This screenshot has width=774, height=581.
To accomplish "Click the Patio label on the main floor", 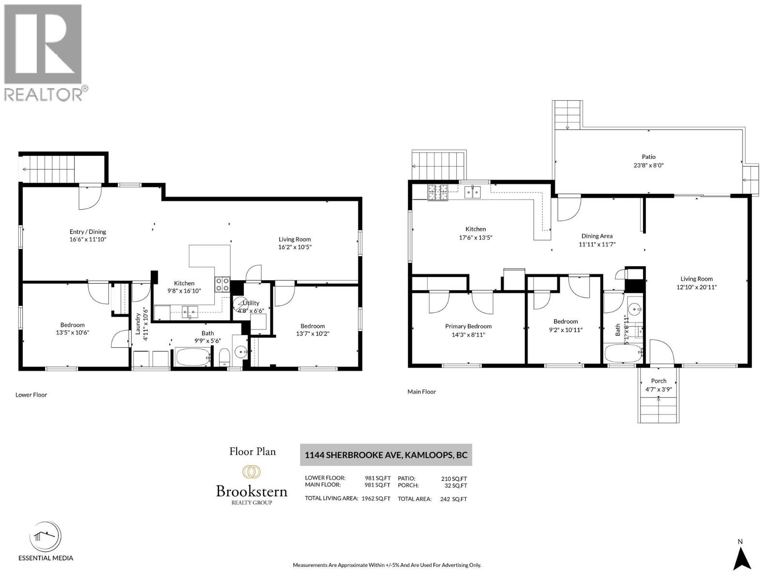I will (649, 157).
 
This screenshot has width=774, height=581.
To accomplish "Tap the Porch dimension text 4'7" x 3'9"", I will (658, 389).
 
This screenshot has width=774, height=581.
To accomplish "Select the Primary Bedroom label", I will (468, 326).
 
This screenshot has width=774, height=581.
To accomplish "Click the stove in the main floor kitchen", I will (437, 192).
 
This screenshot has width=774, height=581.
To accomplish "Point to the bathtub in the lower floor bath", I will (193, 358).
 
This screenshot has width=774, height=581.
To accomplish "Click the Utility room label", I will (251, 303).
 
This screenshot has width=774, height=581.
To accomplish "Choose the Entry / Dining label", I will (88, 232).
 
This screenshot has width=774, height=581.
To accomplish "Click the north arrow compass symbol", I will (741, 558).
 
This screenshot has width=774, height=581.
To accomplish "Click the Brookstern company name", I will (252, 491).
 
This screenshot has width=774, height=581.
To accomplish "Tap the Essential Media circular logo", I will (45, 537).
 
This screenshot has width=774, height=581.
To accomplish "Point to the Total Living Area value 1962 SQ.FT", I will (376, 499).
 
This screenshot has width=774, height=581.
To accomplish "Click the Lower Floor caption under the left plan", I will (31, 395).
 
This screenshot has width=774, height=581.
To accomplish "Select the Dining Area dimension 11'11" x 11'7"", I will (597, 245).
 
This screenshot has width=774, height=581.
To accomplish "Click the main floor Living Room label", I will (696, 279).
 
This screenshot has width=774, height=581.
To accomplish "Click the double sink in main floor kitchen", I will (472, 193).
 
